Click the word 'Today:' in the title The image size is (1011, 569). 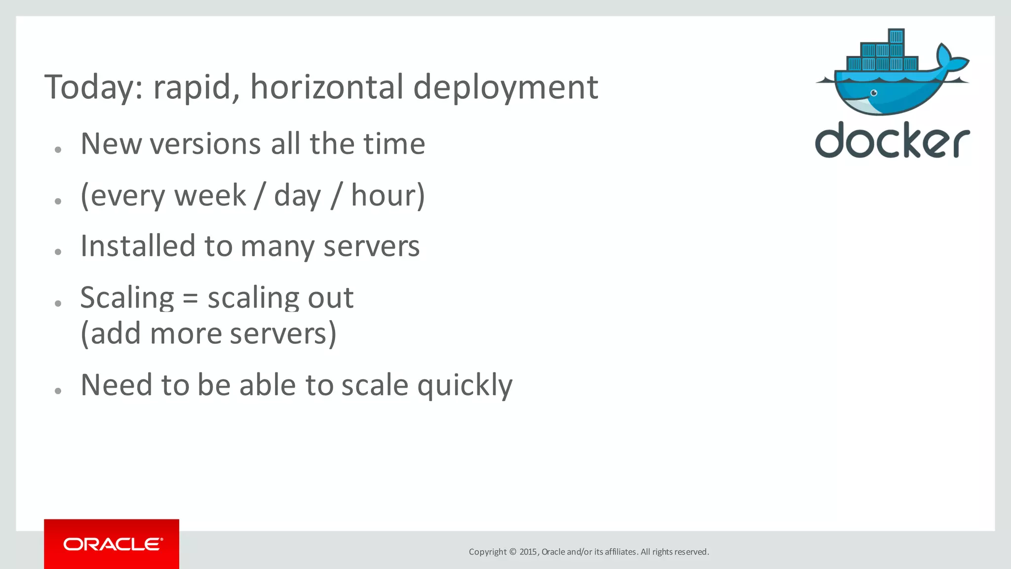[x=93, y=87]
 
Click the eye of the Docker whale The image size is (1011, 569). [x=874, y=93]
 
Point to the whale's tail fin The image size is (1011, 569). [x=950, y=59]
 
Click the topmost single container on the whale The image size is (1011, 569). [x=896, y=36]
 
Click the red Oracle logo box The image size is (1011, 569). [x=112, y=544]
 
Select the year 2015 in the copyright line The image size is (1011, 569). [x=528, y=552]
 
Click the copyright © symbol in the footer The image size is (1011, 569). [x=512, y=552]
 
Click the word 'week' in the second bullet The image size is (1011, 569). [x=210, y=195]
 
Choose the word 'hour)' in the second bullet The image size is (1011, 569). [x=388, y=195]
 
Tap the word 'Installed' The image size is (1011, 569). [x=138, y=246]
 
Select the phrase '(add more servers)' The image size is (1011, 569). [x=208, y=333]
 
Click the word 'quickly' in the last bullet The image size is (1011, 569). [x=465, y=385]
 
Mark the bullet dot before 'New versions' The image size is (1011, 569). [x=58, y=150]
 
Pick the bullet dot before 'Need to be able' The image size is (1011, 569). [x=58, y=391]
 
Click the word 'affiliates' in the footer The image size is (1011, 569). [x=620, y=552]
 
